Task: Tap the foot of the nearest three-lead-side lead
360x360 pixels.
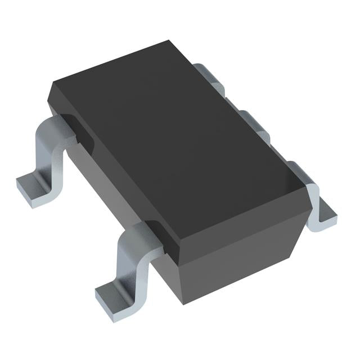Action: coord(323,217)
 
